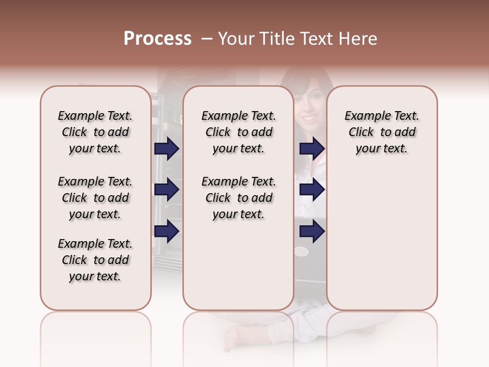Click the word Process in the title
pyautogui.click(x=157, y=39)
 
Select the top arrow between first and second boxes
pyautogui.click(x=167, y=148)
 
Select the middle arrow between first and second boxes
pyautogui.click(x=167, y=190)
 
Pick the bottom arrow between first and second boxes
pyautogui.click(x=167, y=231)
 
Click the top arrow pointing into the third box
pyautogui.click(x=312, y=148)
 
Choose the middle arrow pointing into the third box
pyautogui.click(x=312, y=190)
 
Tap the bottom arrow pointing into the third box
pyautogui.click(x=312, y=231)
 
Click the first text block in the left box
pyautogui.click(x=95, y=132)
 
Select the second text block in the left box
pyautogui.click(x=95, y=198)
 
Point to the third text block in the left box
pyautogui.click(x=95, y=260)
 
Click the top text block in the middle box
pyautogui.click(x=239, y=132)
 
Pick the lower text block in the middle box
pyautogui.click(x=239, y=198)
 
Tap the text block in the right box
pyautogui.click(x=382, y=132)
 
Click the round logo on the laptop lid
pyautogui.click(x=302, y=251)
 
